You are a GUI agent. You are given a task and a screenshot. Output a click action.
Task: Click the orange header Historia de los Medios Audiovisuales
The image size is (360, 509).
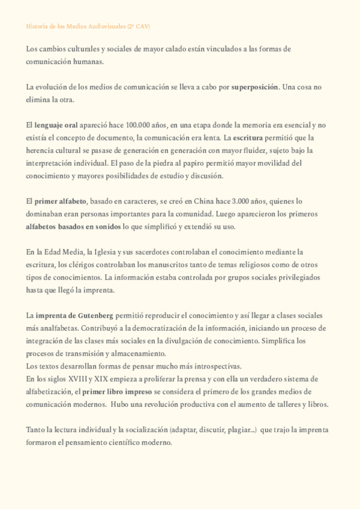click(88, 27)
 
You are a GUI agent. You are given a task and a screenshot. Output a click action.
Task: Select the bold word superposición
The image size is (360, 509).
click(254, 88)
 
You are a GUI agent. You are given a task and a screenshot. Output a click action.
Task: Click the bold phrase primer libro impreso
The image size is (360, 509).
click(113, 391)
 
